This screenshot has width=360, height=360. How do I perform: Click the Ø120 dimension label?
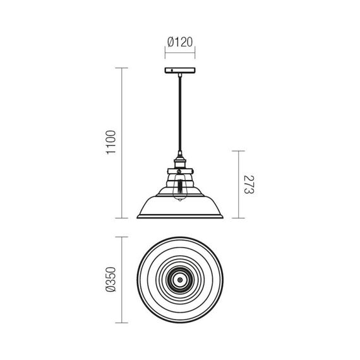coord(180,42)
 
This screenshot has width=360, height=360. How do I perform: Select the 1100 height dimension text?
coord(111,142)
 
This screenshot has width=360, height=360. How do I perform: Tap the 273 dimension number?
coord(249,184)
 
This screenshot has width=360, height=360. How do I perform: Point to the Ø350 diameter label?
coord(111,279)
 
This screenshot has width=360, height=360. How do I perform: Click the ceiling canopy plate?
coord(180,70)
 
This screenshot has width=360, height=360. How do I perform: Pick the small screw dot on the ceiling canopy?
coord(172,71)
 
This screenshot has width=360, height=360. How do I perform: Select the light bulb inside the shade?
coord(180,188)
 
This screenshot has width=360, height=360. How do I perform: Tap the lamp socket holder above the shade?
coord(180,162)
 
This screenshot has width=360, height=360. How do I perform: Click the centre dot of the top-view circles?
coord(180,280)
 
